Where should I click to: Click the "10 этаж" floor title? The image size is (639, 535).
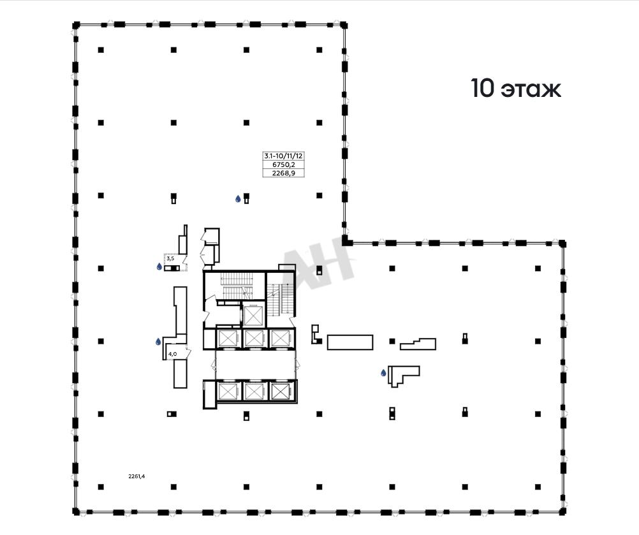click(x=516, y=89)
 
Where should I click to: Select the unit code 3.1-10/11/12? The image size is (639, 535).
click(x=284, y=156)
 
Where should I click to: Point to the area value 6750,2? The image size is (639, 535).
click(x=284, y=165)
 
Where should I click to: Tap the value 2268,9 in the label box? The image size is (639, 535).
click(x=284, y=173)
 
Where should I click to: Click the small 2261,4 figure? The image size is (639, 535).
click(x=136, y=476)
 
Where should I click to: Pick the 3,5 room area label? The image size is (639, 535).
click(x=170, y=258)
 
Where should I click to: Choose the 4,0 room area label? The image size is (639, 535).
click(x=172, y=354)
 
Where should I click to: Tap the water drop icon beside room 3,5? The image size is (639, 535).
click(x=159, y=267)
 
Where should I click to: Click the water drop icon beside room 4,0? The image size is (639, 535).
click(x=158, y=341)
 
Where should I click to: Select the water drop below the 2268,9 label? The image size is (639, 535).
click(x=238, y=199)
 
